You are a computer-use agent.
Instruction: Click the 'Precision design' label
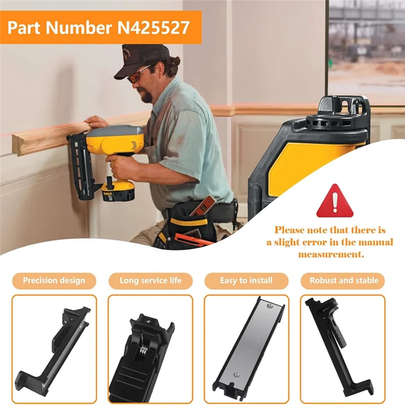(54, 280)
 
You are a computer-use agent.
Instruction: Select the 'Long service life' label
(150, 280)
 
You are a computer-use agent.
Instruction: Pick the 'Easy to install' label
(247, 280)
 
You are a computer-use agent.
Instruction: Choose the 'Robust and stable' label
(344, 280)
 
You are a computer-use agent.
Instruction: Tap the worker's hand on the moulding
(97, 122)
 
